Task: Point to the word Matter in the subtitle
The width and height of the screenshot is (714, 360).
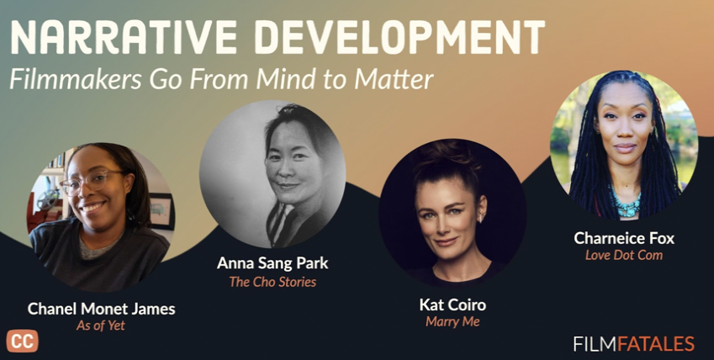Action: click(x=394, y=79)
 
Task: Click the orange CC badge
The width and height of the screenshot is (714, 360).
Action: click(x=22, y=341)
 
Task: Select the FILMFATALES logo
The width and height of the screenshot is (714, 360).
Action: click(x=634, y=343)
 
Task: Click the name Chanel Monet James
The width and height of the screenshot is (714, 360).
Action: click(x=101, y=309)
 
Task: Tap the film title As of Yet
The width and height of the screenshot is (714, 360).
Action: click(x=101, y=326)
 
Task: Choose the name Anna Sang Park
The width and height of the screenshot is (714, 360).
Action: click(x=272, y=263)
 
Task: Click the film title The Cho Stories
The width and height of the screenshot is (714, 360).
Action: click(x=272, y=282)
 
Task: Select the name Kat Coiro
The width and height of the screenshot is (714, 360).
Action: click(x=452, y=304)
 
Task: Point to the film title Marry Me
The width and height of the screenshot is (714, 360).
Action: click(x=452, y=321)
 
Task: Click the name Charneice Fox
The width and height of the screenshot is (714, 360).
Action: click(x=624, y=238)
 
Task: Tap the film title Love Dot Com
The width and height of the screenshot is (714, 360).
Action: click(x=624, y=255)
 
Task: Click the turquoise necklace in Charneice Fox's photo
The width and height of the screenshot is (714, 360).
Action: click(x=626, y=202)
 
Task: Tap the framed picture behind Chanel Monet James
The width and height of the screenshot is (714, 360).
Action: click(x=161, y=210)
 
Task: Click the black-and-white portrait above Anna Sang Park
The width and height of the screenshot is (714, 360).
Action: click(x=272, y=174)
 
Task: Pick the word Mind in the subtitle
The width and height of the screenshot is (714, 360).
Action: click(x=284, y=79)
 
